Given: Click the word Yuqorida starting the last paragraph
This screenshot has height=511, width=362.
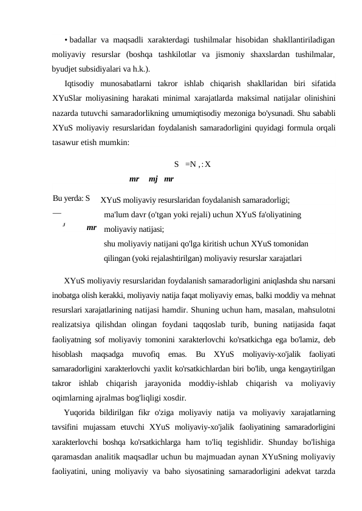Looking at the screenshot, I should [81, 411].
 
